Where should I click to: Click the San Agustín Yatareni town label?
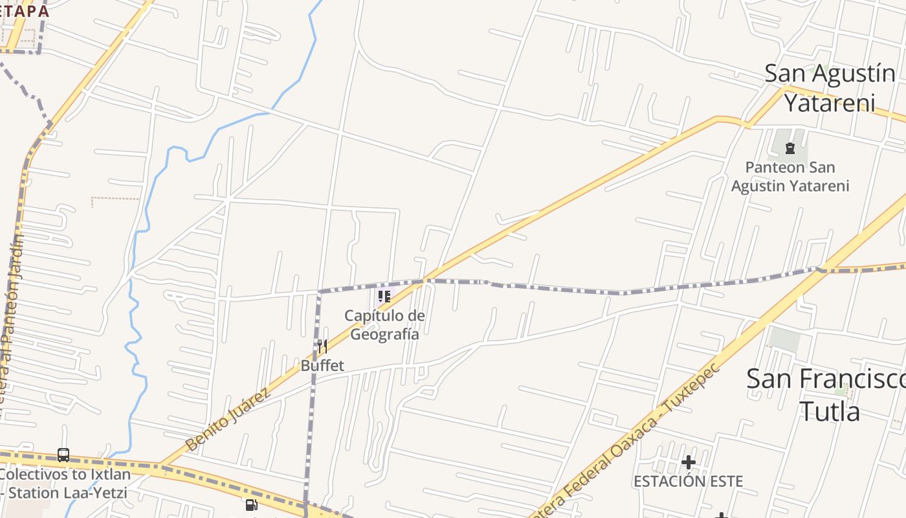tap(830, 88)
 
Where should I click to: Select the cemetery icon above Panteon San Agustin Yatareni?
tap(790, 148)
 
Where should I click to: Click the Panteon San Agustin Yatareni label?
tap(790, 177)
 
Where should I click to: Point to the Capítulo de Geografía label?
tap(384, 325)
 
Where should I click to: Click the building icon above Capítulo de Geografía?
tap(384, 297)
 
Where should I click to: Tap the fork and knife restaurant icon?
tap(322, 346)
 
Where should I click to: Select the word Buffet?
tap(322, 366)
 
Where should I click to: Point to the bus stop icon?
tap(63, 455)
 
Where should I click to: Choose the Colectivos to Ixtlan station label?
tap(64, 483)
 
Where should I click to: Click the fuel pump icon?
tap(251, 505)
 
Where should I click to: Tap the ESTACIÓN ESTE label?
tap(688, 481)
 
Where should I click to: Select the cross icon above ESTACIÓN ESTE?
tap(689, 462)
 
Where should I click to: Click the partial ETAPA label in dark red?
tap(25, 11)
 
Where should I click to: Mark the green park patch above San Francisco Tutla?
tap(784, 339)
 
